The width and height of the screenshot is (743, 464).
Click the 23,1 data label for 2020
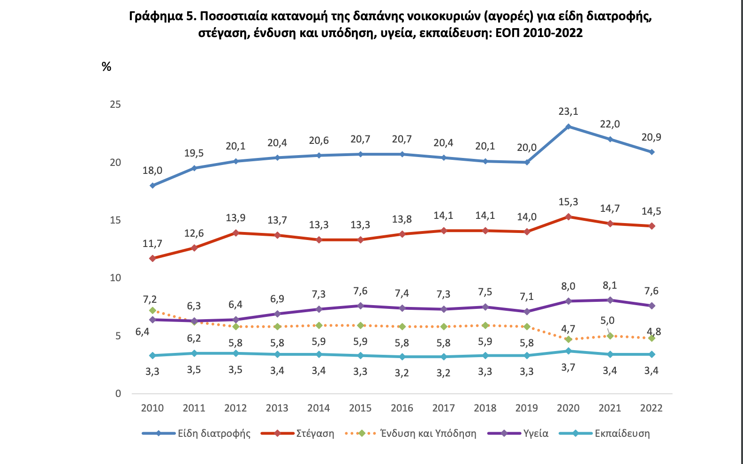(x=568, y=112)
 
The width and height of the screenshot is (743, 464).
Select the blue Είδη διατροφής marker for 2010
(x=152, y=186)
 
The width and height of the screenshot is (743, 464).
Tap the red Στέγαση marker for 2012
(x=235, y=233)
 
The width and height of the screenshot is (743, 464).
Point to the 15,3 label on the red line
(x=568, y=202)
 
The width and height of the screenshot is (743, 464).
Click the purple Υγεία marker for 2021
(x=610, y=300)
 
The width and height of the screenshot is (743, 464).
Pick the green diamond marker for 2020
(x=569, y=339)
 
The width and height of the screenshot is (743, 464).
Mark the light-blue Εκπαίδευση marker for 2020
(x=569, y=351)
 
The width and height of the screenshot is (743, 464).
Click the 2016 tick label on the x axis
(x=402, y=408)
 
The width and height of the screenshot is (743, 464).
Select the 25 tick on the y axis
(x=115, y=105)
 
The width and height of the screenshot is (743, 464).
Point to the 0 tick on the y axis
(x=118, y=394)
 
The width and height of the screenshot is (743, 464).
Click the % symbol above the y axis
(x=106, y=67)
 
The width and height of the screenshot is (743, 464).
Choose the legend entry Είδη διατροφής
(x=214, y=434)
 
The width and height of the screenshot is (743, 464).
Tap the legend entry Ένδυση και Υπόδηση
(x=428, y=434)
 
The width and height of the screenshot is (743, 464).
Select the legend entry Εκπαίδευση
(x=622, y=434)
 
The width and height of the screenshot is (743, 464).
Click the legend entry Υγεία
(x=536, y=434)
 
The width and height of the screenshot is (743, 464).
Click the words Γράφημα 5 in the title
(x=162, y=16)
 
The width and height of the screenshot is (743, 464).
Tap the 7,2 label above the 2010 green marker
(x=150, y=299)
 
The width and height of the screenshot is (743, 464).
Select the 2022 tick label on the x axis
(x=651, y=408)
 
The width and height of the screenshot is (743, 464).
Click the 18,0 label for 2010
(x=152, y=171)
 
